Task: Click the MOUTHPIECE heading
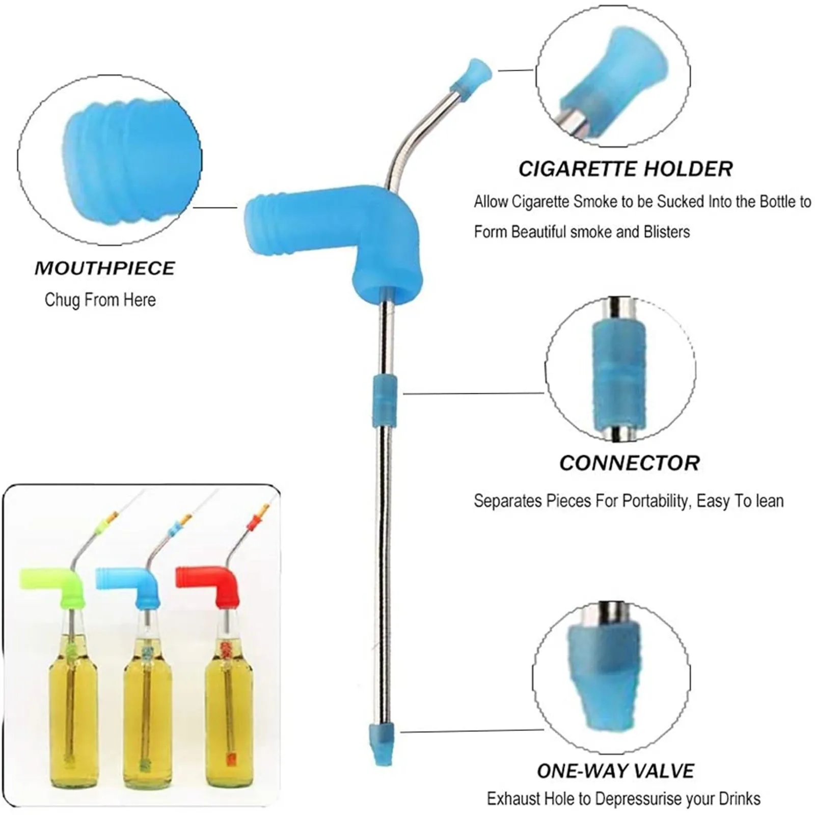tap(104, 268)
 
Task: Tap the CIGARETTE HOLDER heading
tap(625, 169)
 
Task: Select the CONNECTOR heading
tap(629, 463)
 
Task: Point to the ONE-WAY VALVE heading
tap(615, 771)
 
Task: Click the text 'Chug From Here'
tap(100, 300)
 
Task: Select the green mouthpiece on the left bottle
tap(56, 585)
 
